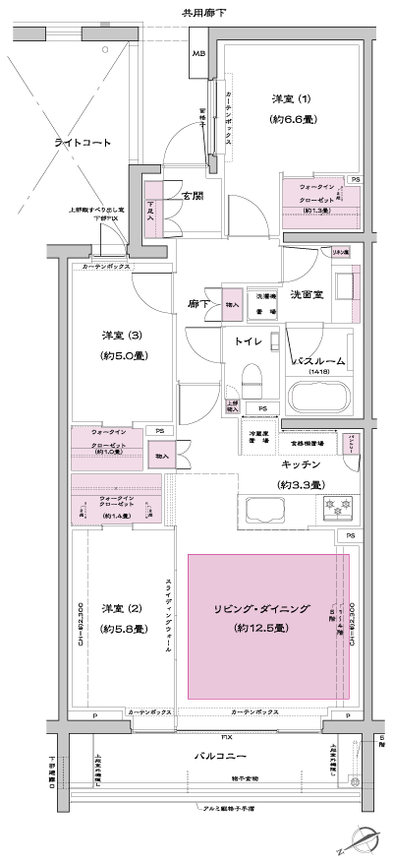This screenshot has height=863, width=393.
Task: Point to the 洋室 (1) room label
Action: click(293, 99)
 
